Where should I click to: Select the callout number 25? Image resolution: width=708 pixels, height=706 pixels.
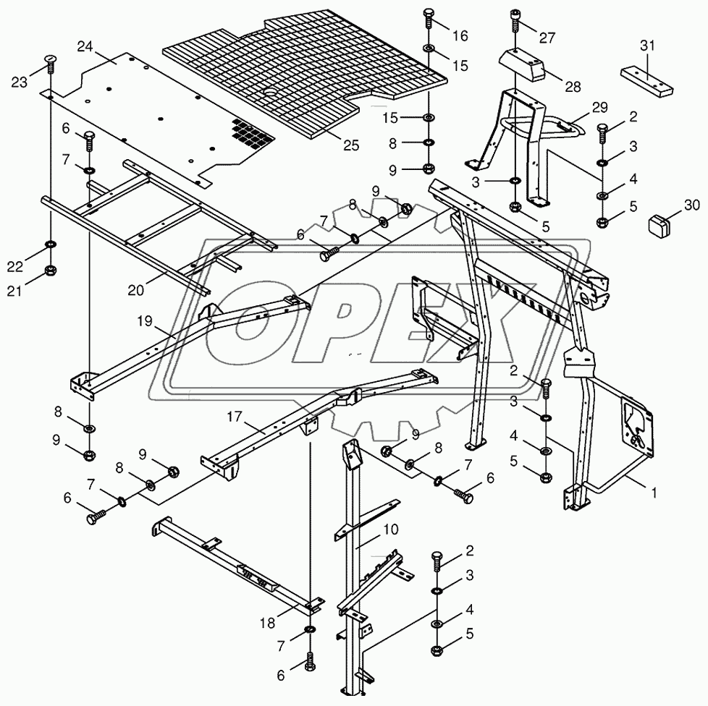(350, 145)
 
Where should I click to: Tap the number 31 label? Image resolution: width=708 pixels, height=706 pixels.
(647, 46)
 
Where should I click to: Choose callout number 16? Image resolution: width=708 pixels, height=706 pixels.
(460, 35)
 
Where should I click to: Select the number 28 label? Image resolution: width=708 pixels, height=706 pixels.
(573, 87)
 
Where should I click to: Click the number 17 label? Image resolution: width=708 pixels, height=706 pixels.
(234, 417)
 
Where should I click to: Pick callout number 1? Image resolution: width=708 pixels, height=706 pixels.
(654, 493)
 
